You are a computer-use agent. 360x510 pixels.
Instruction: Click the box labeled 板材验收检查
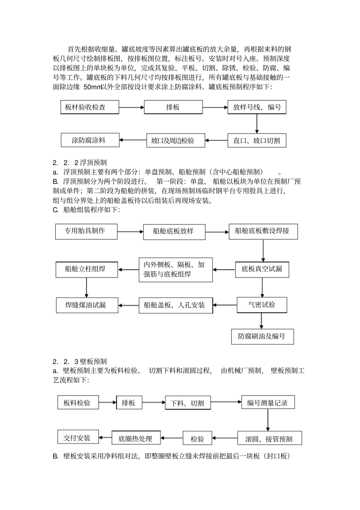[90, 107]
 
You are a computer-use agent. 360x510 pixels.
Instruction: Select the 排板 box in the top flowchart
[173, 107]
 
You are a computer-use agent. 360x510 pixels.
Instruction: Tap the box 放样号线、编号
[257, 107]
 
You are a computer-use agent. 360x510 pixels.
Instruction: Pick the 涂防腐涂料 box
[90, 140]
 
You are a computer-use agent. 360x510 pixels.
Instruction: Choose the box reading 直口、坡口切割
[257, 141]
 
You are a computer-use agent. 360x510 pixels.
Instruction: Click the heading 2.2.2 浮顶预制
[80, 163]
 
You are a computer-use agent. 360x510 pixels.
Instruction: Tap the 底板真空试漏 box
[262, 270]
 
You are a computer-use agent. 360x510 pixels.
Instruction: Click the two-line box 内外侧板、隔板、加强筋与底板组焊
[175, 270]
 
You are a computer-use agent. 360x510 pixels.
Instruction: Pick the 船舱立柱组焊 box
[86, 270]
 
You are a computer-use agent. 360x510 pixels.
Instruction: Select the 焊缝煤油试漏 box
[87, 305]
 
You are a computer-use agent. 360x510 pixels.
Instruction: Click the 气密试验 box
[262, 305]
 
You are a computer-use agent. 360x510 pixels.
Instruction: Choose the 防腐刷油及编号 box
[262, 336]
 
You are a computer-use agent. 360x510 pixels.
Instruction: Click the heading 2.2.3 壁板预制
[80, 361]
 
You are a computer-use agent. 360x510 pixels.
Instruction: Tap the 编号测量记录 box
[268, 403]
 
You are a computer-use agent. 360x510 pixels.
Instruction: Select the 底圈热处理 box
[136, 438]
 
